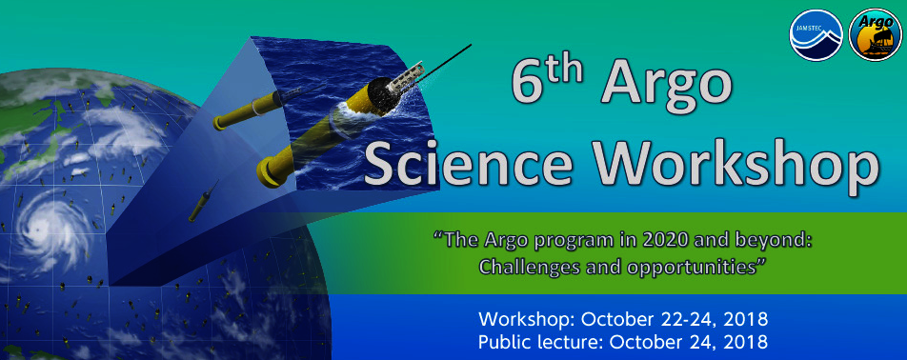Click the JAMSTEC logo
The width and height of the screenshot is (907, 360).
click(x=816, y=34)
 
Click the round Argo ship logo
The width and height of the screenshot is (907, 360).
click(x=875, y=34)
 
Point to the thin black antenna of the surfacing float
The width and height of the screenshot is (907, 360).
click(x=442, y=63)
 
